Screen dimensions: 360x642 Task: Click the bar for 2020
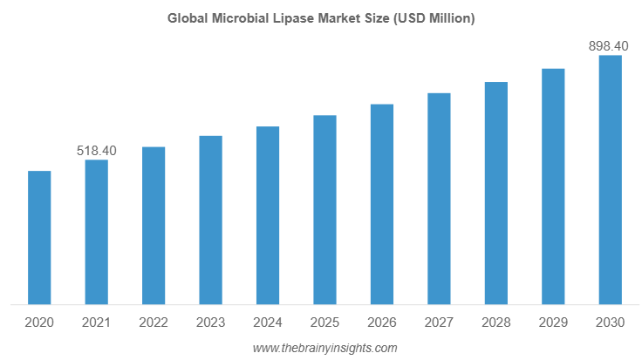(39, 238)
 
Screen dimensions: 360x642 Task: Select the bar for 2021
(96, 233)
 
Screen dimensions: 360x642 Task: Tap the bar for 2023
(210, 221)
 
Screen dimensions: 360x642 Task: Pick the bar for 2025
(324, 210)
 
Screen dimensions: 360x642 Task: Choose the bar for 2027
(439, 199)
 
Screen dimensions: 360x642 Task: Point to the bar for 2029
(553, 187)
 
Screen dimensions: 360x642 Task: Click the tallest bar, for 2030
(610, 180)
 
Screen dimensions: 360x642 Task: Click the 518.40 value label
(96, 151)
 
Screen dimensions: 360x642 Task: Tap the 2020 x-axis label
(39, 323)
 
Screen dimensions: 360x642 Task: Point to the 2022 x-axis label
(154, 323)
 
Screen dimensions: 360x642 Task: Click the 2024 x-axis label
(268, 323)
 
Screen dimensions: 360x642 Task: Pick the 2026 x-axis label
(382, 323)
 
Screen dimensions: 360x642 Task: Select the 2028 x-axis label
(496, 323)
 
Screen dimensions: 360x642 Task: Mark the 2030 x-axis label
(610, 323)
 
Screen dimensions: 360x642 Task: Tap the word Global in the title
(188, 19)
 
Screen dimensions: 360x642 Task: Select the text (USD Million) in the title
(436, 19)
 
